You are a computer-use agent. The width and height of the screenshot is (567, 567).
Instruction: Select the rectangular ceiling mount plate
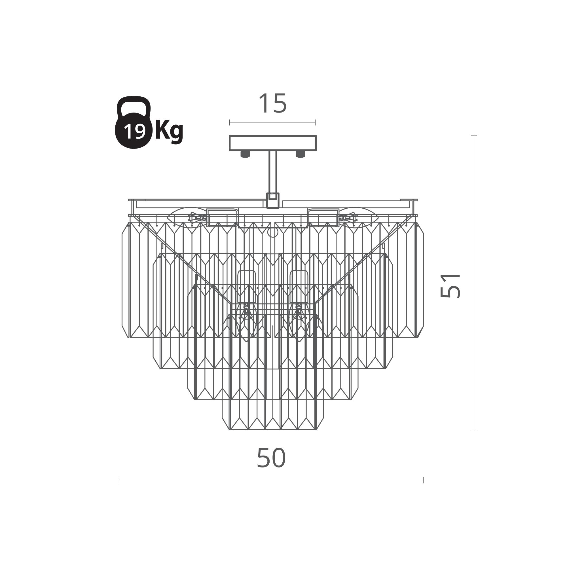[273, 143]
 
